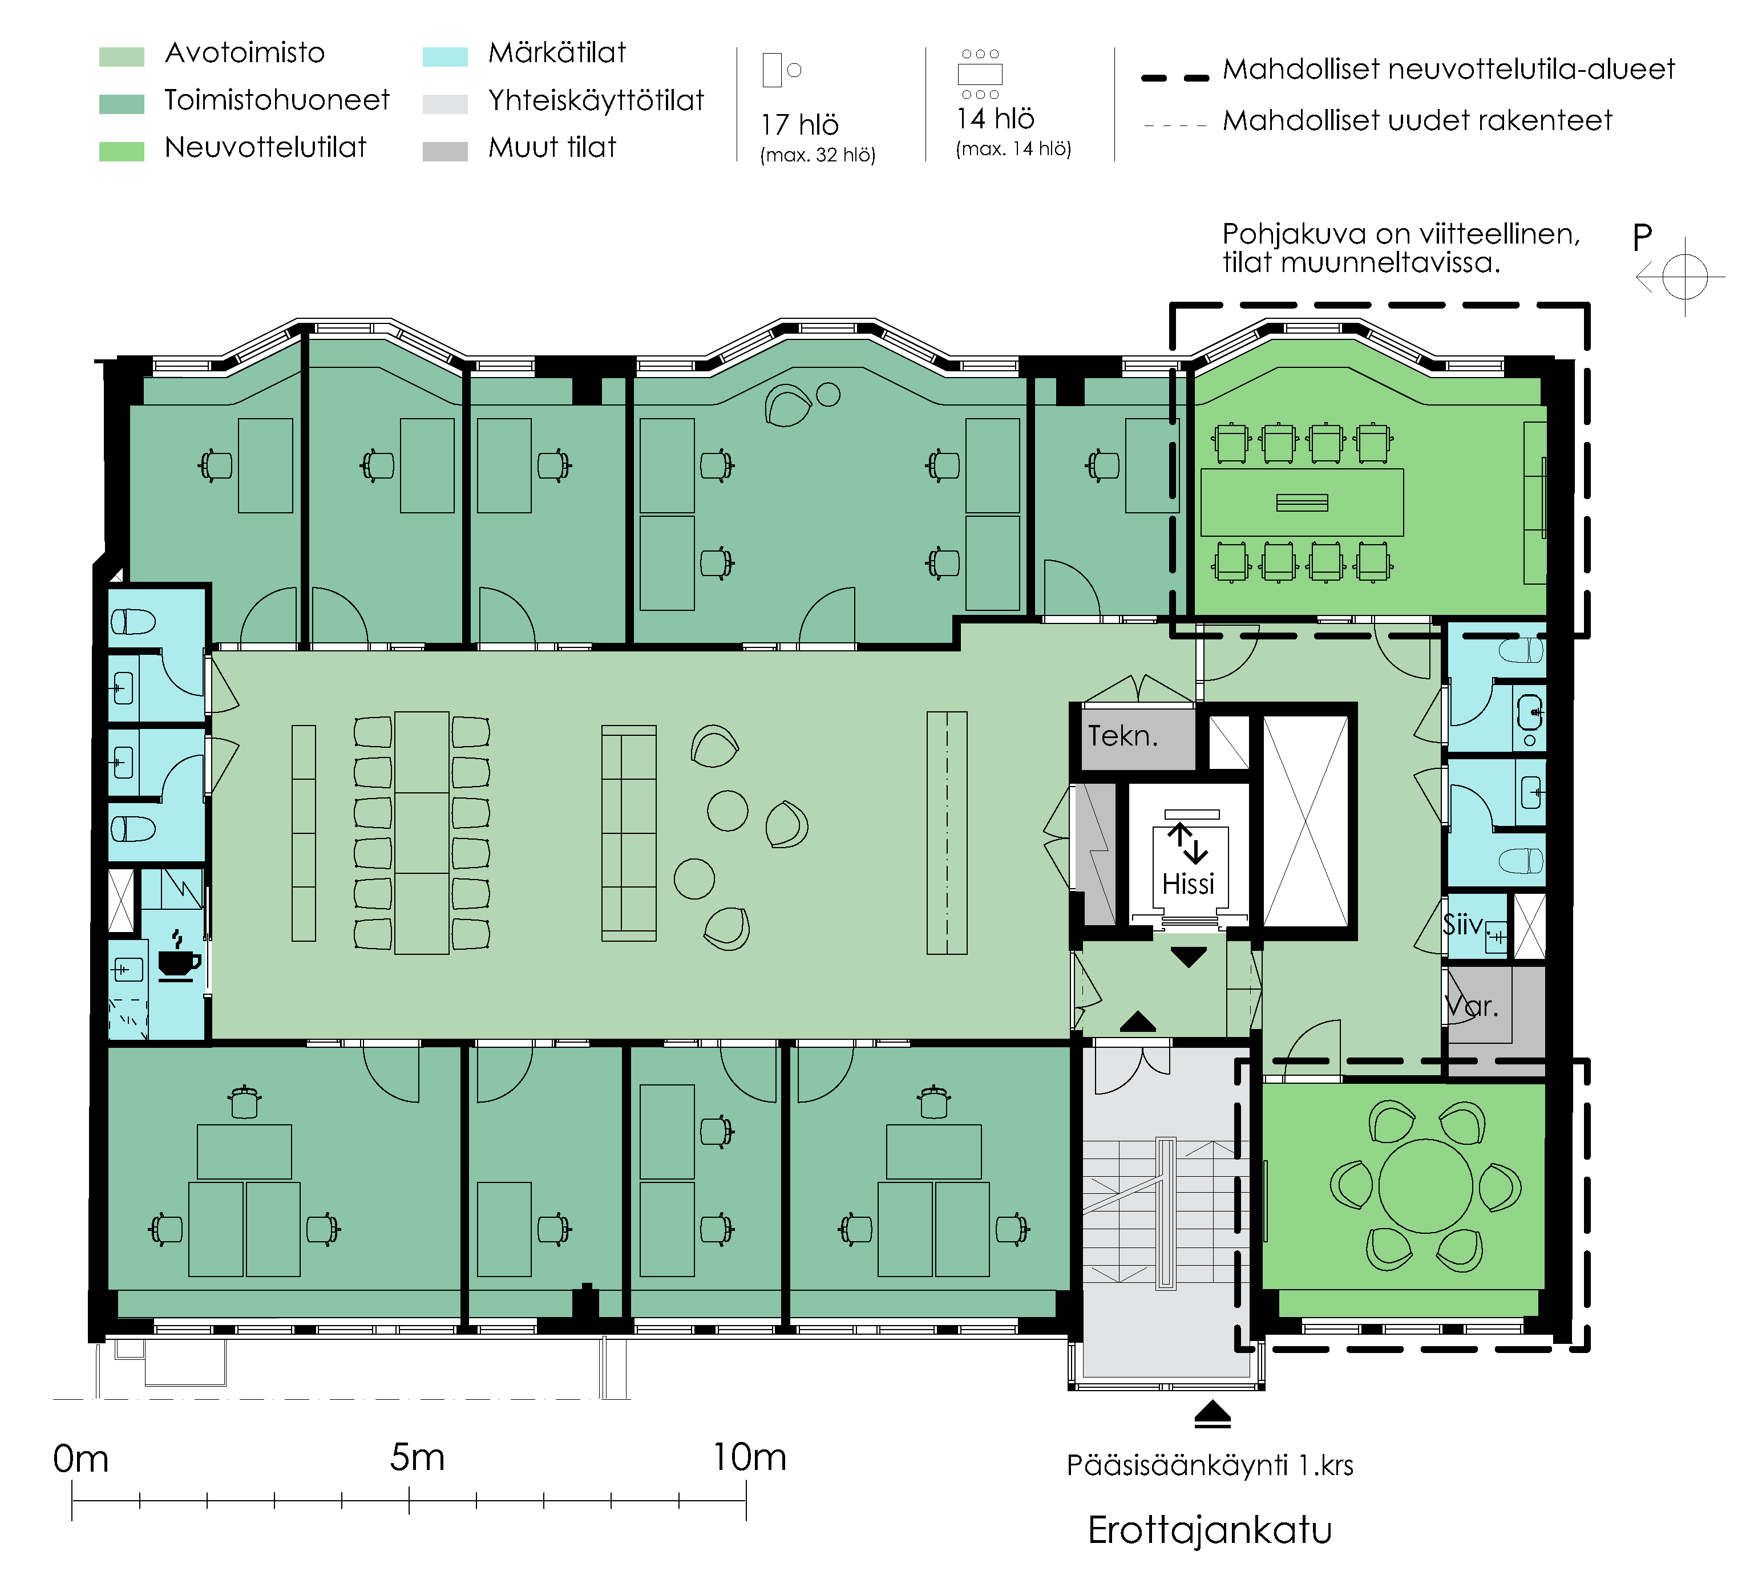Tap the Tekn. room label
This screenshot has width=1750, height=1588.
point(1123,736)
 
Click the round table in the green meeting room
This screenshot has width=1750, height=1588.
point(1425,1185)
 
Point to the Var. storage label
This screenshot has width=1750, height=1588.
point(1472,1007)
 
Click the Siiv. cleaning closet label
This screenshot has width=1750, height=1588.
point(1464,925)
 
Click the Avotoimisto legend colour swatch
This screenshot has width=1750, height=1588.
point(122,56)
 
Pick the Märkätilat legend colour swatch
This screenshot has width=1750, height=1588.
point(444,56)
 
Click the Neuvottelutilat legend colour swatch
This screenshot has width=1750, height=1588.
point(122,151)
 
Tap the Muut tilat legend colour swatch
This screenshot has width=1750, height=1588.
point(444,151)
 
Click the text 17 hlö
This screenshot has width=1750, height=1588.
point(799,125)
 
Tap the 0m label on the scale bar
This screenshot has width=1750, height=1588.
point(80,1459)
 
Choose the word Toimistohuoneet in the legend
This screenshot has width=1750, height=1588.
point(277,100)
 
